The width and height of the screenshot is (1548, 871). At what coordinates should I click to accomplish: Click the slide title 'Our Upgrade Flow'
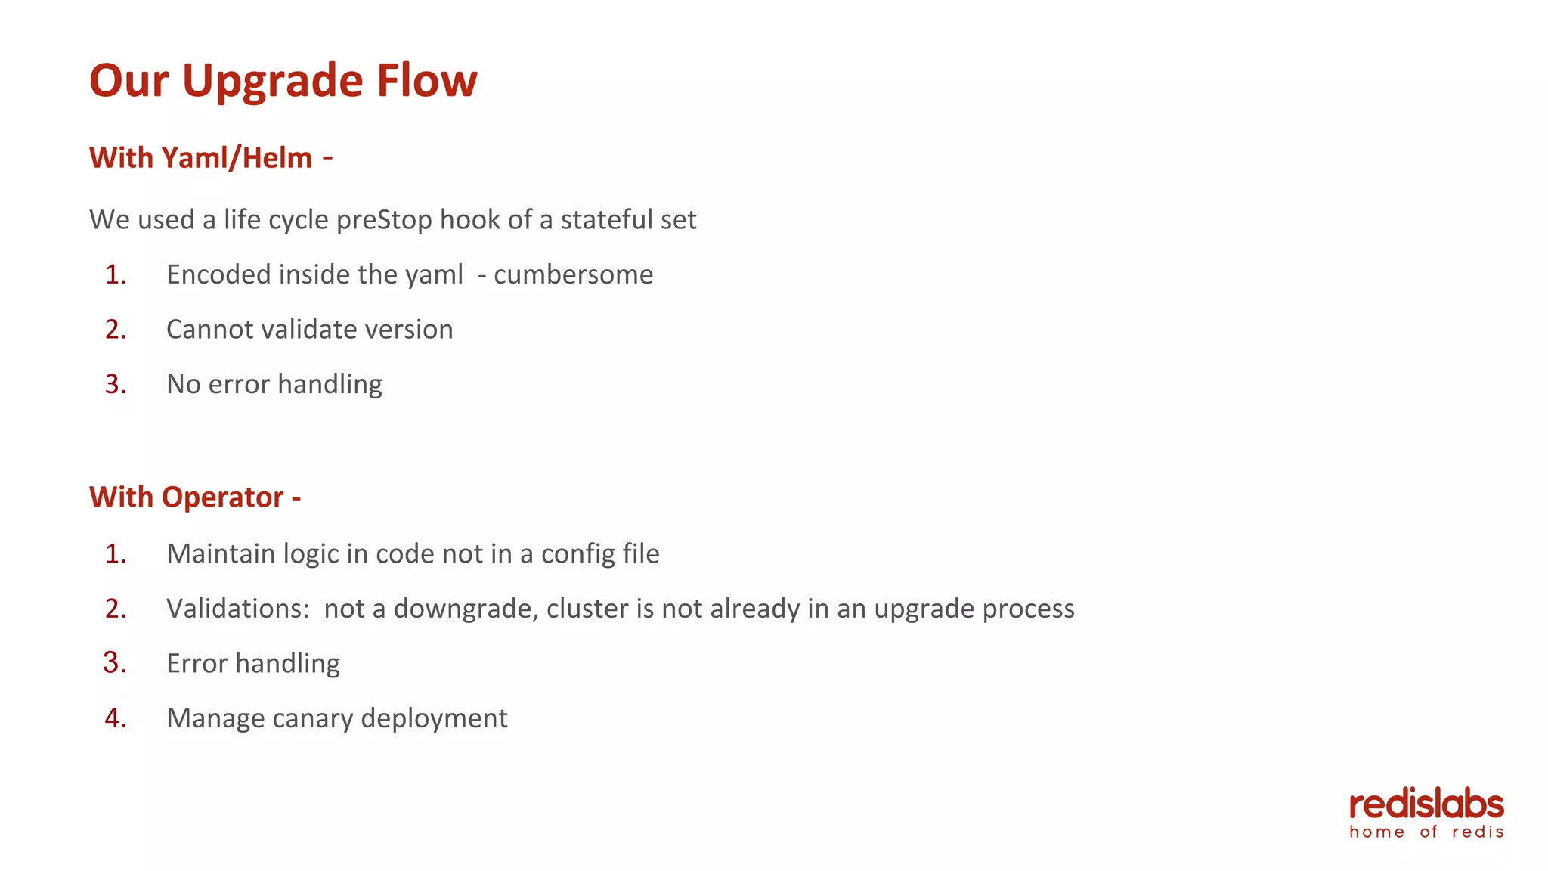point(283,80)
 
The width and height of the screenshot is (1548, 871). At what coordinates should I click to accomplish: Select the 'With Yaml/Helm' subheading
point(200,158)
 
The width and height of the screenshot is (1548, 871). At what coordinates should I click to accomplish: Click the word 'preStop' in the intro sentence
point(384,220)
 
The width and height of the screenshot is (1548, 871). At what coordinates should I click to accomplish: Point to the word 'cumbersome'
point(573,274)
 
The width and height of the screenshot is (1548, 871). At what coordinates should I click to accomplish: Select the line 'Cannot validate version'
point(309,330)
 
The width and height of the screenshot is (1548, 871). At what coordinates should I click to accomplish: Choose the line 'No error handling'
point(274,384)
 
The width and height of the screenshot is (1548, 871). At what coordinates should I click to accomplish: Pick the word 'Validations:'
point(237,609)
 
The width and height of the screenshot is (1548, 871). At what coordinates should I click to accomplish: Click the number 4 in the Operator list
point(115,718)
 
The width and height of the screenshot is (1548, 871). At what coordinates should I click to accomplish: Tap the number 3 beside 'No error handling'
point(115,384)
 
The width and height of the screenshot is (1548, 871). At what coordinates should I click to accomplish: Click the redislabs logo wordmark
point(1426,804)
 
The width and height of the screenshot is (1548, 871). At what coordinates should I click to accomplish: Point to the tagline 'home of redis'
point(1426,832)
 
